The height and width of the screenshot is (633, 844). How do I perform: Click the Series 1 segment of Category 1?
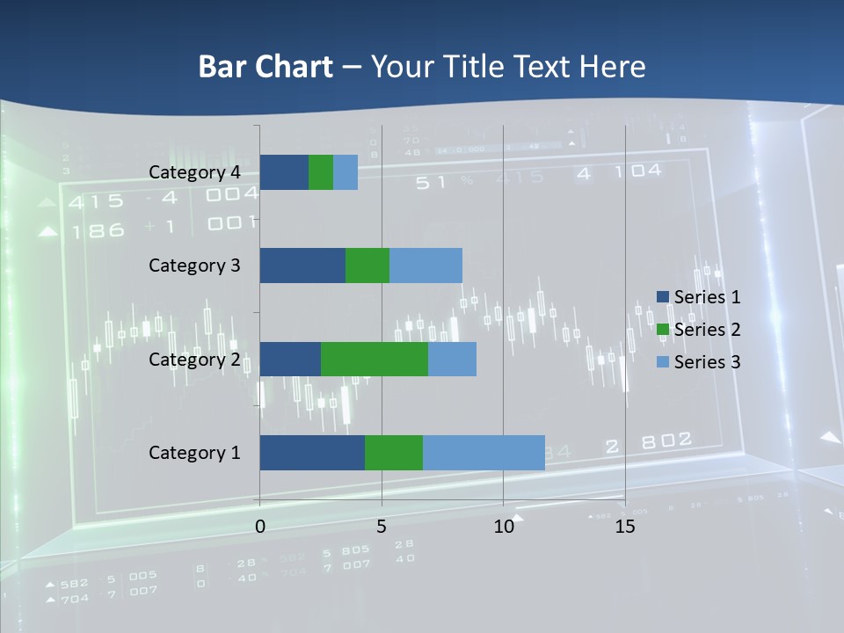312,453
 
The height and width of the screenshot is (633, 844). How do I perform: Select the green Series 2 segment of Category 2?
375,359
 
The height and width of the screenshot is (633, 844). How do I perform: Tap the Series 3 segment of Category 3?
426,266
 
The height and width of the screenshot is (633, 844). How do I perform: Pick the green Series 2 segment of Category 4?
321,172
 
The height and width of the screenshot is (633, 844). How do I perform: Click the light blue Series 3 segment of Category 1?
484,453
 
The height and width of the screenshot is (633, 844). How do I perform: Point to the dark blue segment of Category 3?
302,266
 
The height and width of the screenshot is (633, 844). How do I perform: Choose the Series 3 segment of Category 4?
346,172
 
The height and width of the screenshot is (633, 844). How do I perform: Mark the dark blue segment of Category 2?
290,359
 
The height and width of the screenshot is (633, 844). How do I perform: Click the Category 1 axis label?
194,453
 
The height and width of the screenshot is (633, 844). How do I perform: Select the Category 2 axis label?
194,359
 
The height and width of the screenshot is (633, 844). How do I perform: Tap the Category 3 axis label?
194,266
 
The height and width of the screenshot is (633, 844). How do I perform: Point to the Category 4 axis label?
194,172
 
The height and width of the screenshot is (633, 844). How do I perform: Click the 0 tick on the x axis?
260,527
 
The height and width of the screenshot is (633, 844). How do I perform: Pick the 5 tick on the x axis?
382,527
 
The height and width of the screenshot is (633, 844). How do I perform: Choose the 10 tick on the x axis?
503,527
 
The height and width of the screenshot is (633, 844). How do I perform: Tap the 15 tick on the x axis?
625,527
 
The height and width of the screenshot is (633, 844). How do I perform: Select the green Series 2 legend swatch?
663,330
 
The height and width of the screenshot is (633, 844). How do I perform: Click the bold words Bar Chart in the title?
266,67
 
